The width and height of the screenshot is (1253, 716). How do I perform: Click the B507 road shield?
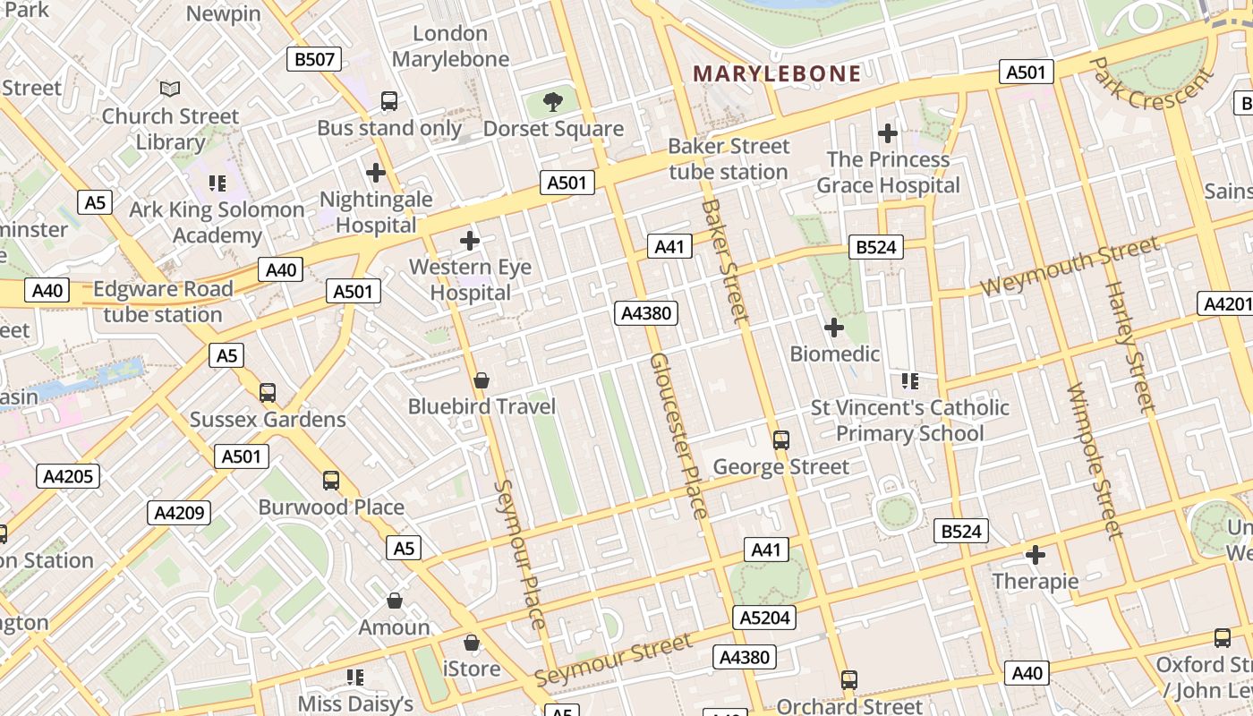click(314, 60)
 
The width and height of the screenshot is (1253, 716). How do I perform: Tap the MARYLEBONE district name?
click(777, 73)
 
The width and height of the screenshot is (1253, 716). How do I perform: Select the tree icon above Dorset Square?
click(553, 101)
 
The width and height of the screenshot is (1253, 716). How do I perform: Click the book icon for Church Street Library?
click(170, 89)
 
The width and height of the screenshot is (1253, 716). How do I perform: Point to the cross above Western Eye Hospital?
click(469, 240)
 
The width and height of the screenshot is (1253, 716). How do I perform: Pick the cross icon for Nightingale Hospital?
click(376, 172)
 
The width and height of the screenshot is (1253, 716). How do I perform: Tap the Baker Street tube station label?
click(729, 158)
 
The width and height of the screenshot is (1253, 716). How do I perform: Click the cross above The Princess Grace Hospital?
click(887, 133)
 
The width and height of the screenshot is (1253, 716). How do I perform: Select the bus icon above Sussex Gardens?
click(267, 392)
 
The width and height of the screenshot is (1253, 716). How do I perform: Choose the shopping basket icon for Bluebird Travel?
click(482, 380)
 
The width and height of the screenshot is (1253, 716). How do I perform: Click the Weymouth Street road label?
click(1070, 267)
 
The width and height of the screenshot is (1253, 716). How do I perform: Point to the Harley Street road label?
click(1130, 346)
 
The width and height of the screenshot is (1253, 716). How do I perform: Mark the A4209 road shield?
click(179, 513)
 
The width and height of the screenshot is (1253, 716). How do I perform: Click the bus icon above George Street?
click(780, 439)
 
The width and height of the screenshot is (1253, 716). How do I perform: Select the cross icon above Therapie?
click(1035, 555)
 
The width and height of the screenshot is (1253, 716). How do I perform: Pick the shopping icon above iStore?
click(471, 643)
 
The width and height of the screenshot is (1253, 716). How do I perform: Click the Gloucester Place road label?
click(678, 435)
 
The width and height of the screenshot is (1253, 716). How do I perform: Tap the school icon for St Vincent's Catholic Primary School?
click(910, 381)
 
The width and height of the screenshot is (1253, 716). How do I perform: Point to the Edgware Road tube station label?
click(163, 302)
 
